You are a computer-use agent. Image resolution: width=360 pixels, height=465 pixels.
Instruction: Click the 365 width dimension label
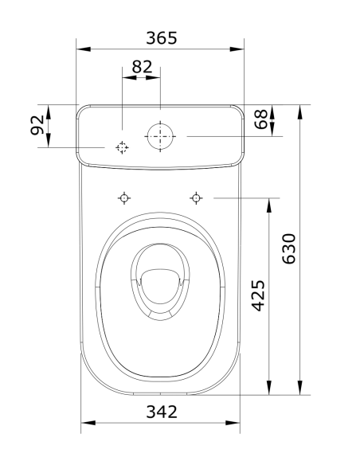click(x=161, y=37)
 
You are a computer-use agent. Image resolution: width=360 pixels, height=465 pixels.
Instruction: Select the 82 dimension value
click(x=142, y=67)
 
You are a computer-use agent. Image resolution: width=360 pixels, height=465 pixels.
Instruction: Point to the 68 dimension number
click(x=260, y=121)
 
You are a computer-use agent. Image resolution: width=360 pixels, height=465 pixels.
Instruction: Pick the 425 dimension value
click(x=258, y=295)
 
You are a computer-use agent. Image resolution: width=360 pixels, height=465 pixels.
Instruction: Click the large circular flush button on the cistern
click(x=161, y=136)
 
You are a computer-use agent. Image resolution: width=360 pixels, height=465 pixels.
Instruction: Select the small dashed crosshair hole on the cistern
click(x=122, y=147)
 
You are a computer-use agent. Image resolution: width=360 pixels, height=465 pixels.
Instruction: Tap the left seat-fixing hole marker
click(x=123, y=197)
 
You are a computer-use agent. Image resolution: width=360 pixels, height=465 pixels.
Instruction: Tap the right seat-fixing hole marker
click(x=195, y=197)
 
